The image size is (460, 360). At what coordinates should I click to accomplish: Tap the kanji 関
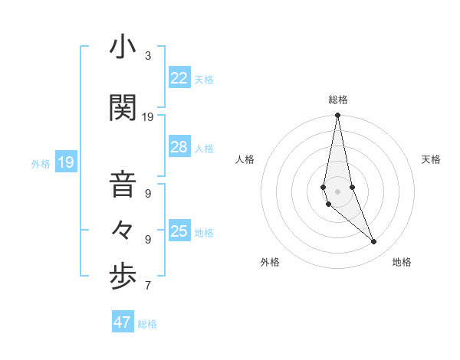coord(123,109)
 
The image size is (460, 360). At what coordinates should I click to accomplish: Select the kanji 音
coord(123,186)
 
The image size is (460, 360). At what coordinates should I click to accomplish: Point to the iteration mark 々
coord(123,230)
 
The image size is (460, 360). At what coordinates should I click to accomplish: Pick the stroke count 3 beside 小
coord(148,56)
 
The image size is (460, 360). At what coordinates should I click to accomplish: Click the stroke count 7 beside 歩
coord(148,286)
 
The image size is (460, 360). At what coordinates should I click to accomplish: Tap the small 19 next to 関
coord(148,117)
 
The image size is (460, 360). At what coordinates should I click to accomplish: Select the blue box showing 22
coord(179,78)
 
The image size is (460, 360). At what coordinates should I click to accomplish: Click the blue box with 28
coord(179,147)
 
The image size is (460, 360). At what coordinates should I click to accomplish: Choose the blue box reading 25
coord(179,231)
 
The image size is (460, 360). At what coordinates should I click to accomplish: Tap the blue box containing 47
coord(123,322)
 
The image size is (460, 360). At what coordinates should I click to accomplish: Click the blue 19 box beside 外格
coord(66,162)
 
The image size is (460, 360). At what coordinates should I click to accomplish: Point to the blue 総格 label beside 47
coord(147,324)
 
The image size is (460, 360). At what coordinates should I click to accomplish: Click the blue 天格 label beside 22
coord(204,80)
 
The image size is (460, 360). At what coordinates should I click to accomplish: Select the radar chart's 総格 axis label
coord(337,100)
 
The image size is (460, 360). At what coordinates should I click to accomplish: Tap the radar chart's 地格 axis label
coord(402,262)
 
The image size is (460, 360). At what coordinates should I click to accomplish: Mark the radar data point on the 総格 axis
coord(337,116)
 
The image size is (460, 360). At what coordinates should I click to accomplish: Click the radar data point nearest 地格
coord(374,242)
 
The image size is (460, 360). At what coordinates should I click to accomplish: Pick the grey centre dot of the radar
coord(337,191)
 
